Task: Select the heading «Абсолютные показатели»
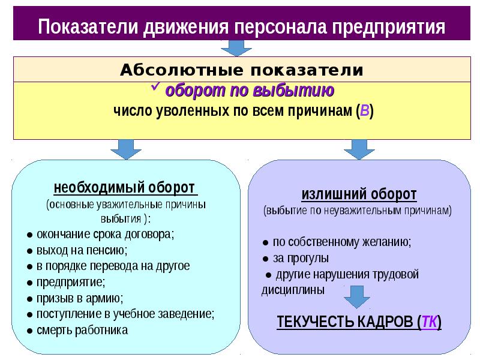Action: point(242,70)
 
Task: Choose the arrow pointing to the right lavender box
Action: point(358,148)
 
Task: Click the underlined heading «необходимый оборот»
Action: point(125,187)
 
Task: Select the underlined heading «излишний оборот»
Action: point(358,194)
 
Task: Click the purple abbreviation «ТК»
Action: point(429,322)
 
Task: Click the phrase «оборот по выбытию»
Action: point(250,91)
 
